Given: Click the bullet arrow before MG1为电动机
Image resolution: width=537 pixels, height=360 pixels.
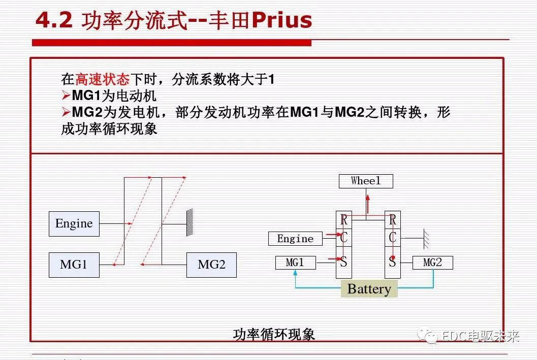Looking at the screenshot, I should [66, 95].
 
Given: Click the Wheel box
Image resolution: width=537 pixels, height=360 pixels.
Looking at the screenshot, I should [366, 181].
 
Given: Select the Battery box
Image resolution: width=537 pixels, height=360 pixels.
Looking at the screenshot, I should [369, 289].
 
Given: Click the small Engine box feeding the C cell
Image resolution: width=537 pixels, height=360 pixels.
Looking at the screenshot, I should [295, 239].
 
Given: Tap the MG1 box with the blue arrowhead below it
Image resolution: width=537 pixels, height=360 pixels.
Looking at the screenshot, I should [295, 263].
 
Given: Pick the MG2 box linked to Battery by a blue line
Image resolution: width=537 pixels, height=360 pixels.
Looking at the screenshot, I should [432, 263].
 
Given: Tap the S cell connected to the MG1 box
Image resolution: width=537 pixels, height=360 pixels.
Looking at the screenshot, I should [344, 263].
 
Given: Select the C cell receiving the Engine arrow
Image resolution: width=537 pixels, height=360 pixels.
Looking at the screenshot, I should [344, 238].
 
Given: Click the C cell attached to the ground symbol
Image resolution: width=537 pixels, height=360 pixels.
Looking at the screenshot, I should [392, 238].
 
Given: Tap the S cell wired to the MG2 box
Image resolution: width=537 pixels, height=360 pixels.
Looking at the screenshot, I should [392, 263].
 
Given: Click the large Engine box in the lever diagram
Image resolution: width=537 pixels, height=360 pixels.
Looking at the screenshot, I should [74, 223].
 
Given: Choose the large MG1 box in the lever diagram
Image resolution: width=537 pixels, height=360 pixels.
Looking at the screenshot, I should [74, 265].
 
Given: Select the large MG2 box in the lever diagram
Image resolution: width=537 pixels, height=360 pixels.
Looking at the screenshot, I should [211, 265].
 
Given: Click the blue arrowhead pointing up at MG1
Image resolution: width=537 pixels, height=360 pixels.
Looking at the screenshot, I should [295, 273].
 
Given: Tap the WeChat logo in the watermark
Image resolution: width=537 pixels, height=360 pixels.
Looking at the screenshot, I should [430, 336].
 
